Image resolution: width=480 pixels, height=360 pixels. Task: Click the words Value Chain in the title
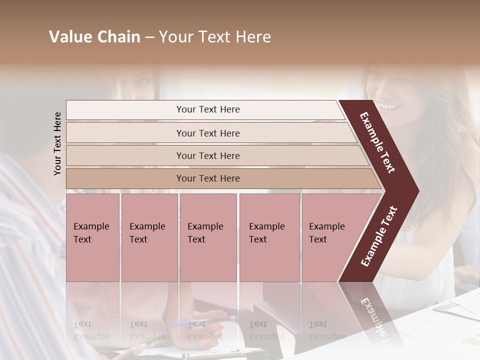tap(94, 37)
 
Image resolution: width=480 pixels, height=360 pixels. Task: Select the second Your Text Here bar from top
tap(207, 133)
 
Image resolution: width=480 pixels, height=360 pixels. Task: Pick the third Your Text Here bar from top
tap(207, 155)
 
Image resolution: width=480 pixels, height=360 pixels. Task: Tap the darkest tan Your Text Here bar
tap(207, 178)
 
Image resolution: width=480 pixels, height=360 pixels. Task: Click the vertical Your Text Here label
tap(57, 143)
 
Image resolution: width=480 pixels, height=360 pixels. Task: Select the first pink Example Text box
tap(92, 237)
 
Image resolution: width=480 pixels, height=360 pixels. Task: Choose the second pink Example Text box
tap(149, 237)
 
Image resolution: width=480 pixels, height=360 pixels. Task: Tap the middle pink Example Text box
tap(208, 237)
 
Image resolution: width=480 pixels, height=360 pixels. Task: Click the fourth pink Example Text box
tap(269, 237)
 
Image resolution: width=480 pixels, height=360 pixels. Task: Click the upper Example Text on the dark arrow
tap(377, 142)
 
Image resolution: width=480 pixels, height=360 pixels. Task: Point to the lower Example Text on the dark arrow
tap(379, 236)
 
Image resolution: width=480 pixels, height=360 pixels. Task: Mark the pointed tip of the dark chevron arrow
tap(418, 191)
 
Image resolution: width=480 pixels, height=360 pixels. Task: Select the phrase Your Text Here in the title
tap(215, 37)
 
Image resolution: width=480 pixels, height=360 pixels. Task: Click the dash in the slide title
tap(149, 37)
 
